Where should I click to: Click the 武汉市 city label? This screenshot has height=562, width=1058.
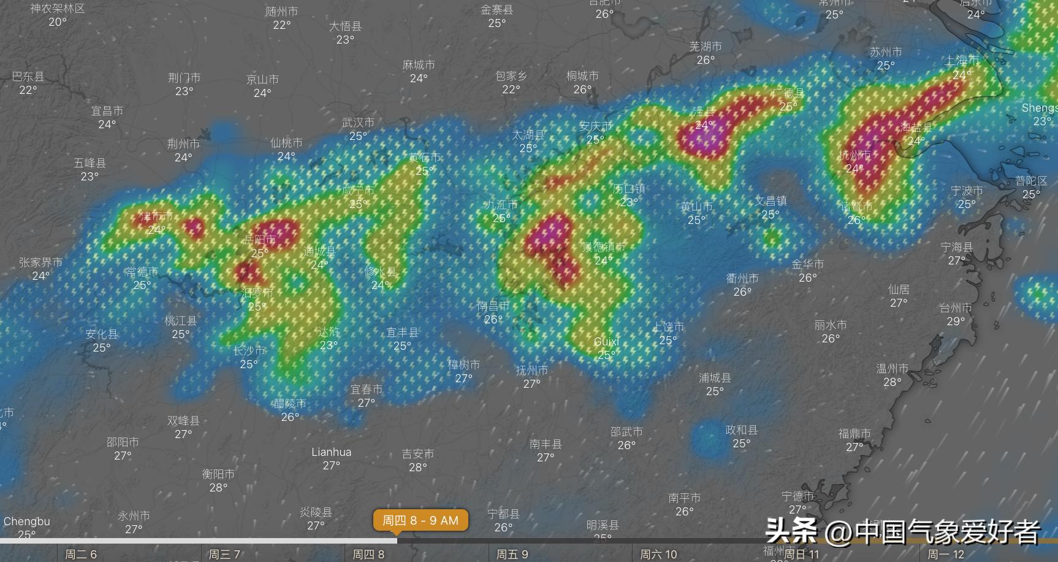click(x=358, y=123)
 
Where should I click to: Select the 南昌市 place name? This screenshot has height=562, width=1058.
click(x=493, y=306)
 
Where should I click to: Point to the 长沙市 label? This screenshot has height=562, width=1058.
click(x=249, y=350)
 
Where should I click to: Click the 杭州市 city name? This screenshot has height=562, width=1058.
click(x=854, y=155)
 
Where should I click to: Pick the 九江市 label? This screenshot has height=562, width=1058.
click(x=501, y=204)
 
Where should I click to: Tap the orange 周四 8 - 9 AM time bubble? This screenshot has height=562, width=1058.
click(x=421, y=520)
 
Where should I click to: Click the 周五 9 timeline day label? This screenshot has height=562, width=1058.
click(x=512, y=555)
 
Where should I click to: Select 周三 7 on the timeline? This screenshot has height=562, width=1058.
click(x=224, y=555)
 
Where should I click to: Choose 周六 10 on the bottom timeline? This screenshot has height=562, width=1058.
click(x=658, y=555)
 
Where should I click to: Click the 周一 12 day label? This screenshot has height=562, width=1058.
click(x=946, y=555)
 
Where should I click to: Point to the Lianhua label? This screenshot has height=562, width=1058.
click(x=331, y=452)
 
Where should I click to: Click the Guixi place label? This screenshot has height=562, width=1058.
click(x=606, y=342)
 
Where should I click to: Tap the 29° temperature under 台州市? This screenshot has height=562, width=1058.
click(x=956, y=321)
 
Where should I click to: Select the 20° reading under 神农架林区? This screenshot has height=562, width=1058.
click(x=58, y=22)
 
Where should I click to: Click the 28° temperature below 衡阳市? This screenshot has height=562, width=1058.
click(x=218, y=488)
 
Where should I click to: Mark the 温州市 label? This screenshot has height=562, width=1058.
click(x=892, y=369)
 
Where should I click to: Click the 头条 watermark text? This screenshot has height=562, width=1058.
click(x=791, y=531)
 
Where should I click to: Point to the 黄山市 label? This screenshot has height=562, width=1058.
click(x=696, y=207)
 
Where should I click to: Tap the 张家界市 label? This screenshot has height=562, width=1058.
click(x=40, y=263)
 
